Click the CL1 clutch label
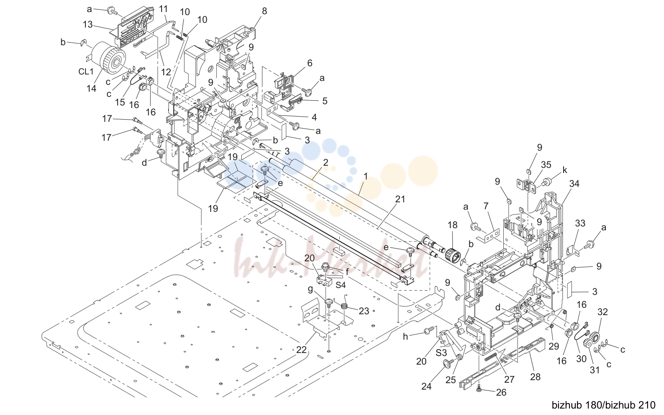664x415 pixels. [86, 71]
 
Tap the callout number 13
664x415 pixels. [88, 24]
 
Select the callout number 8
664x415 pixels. [265, 11]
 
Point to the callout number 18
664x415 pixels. [452, 225]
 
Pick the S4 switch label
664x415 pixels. [340, 285]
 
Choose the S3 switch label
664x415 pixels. [441, 353]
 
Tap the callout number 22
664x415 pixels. [301, 350]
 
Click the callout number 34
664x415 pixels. [574, 184]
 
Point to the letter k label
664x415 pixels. [564, 170]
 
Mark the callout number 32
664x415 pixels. [602, 312]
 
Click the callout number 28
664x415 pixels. [535, 377]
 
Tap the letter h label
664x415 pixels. [405, 337]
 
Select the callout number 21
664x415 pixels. [400, 199]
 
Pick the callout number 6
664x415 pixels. [310, 63]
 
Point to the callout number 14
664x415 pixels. [91, 88]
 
